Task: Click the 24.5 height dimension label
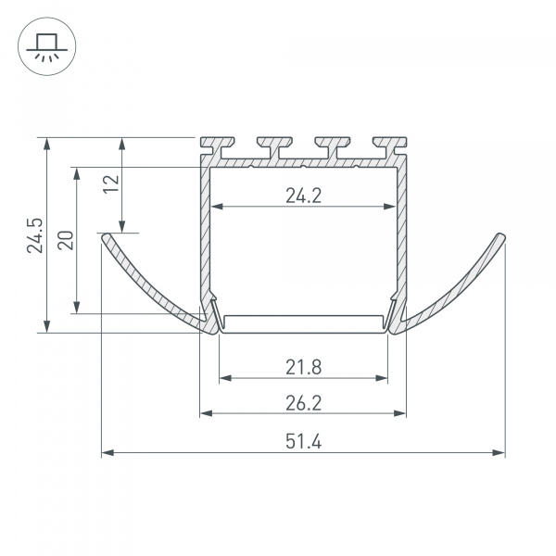(x=35, y=235)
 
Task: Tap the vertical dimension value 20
(x=66, y=240)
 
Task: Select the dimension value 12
(x=111, y=183)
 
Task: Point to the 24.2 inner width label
(x=304, y=196)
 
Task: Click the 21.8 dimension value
(x=304, y=367)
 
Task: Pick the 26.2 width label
(x=304, y=403)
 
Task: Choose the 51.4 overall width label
(x=304, y=442)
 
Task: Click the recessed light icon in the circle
(x=47, y=47)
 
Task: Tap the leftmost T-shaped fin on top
(x=217, y=146)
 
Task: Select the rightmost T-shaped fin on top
(x=389, y=146)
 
